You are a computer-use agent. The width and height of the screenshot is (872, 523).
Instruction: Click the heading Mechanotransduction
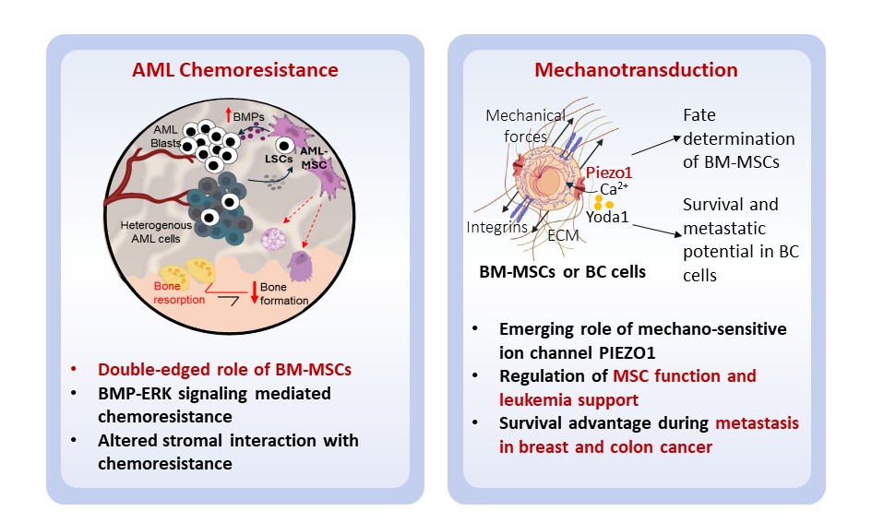pos(637,70)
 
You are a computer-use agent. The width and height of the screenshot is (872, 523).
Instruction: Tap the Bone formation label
pos(281,294)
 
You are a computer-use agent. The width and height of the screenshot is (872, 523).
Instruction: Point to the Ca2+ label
pos(615,189)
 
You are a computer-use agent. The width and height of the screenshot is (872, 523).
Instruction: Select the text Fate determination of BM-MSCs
pos(738,139)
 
